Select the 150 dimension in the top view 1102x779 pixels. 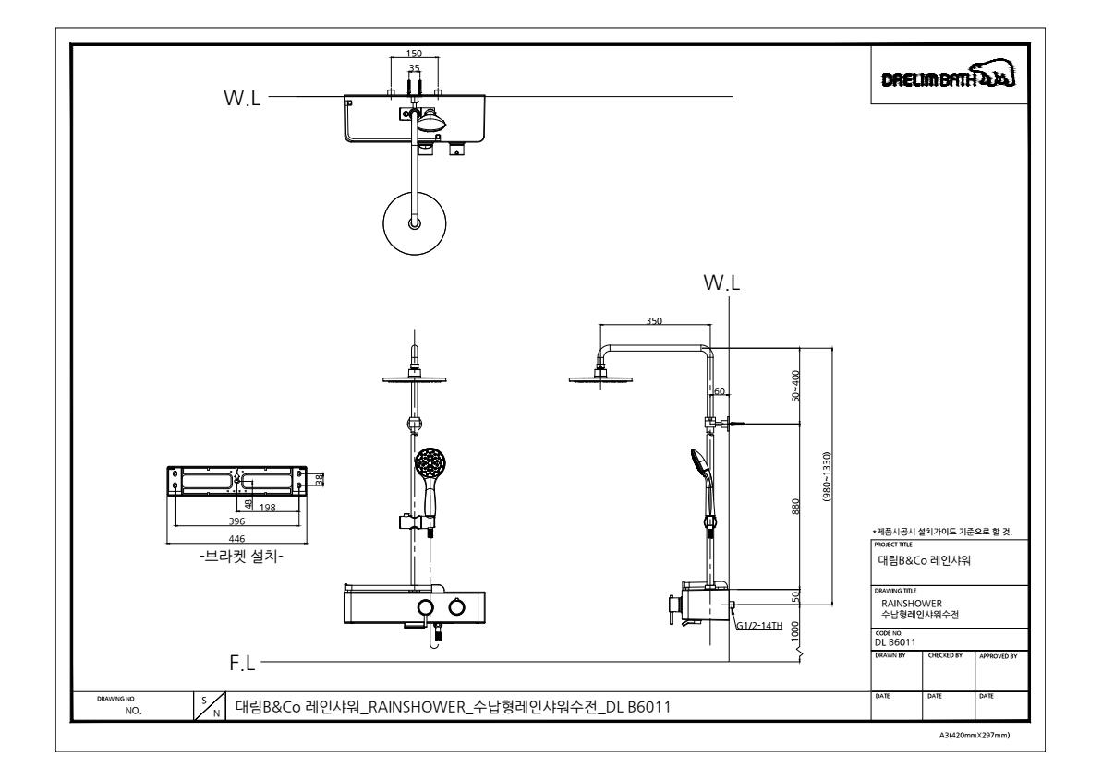point(414,54)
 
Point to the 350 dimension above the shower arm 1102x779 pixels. point(654,321)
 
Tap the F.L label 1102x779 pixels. point(242,663)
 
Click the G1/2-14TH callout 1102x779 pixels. point(759,626)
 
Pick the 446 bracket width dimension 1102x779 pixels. point(236,539)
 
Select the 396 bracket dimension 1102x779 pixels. point(236,521)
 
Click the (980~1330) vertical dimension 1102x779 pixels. point(827,477)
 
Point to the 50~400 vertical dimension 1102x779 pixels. point(795,386)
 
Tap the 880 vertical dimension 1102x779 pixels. point(795,507)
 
